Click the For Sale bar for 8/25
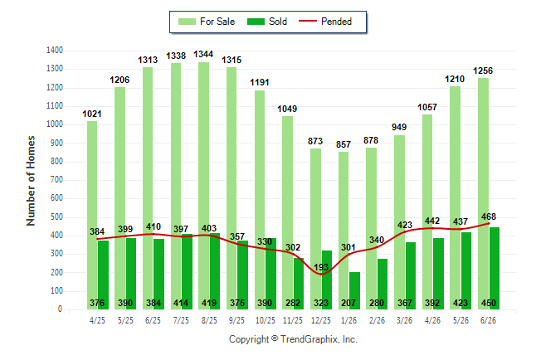203,186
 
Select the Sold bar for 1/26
354,290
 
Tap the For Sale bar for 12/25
315,229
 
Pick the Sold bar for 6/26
495,269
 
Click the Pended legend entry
325,22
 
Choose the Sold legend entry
267,22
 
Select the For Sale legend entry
207,22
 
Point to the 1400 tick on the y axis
55,51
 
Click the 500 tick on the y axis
56,216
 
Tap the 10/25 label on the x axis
265,320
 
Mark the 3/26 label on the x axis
404,320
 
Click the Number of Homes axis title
31,181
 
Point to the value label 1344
203,55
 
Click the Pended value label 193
321,267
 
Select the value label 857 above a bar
344,144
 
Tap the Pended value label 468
489,216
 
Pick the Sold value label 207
348,303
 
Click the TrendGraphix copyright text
293,339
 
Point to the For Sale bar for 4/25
92,215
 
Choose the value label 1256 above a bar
483,71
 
